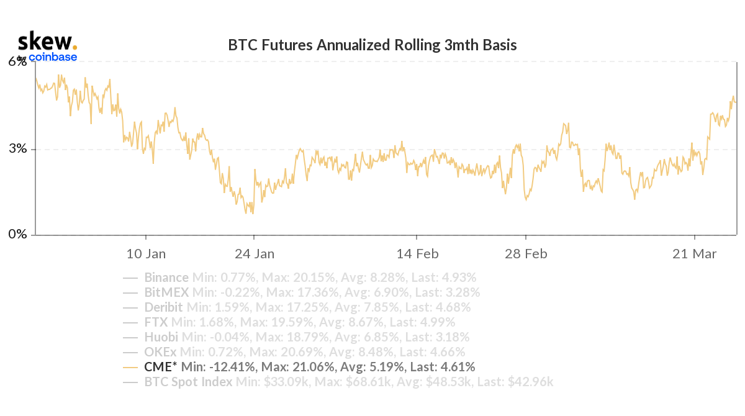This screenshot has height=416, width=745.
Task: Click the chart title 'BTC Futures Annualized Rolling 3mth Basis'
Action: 372,45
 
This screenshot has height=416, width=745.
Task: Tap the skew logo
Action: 47,42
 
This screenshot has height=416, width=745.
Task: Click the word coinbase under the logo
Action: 53,58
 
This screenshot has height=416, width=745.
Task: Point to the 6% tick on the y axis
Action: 17,61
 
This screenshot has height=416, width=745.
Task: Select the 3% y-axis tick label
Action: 17,149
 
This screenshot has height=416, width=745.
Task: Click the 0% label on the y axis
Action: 17,235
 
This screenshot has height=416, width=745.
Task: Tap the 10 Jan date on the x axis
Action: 146,254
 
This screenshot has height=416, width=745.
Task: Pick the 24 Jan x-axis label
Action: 254,254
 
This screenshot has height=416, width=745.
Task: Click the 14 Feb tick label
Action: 417,254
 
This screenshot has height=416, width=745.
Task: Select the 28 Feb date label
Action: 525,254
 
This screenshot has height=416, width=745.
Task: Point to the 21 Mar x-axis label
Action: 695,254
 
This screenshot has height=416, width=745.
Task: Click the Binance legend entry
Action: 166,278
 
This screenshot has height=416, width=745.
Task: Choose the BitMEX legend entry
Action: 166,292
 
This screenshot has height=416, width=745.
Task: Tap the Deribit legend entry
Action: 163,307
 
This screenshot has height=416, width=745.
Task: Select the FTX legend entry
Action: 155,322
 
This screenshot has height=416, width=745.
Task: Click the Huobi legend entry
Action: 161,337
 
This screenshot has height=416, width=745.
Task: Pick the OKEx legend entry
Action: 160,352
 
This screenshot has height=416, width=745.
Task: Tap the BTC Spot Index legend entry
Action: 188,382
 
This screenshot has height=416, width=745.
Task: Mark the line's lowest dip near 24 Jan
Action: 252,214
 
